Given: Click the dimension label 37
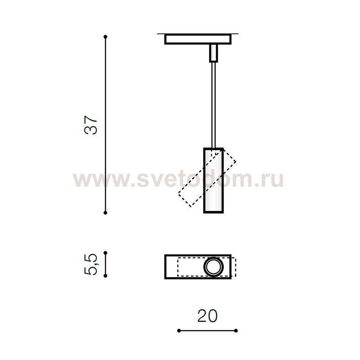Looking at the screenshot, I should point(91,125).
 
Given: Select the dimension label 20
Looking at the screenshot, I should point(207,316).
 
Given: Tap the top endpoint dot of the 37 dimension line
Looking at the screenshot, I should point(105,36).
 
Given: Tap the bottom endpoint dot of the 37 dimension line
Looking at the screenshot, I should point(105,212).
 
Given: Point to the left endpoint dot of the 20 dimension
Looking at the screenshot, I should point(179,331).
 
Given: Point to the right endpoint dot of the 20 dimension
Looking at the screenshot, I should point(236,331).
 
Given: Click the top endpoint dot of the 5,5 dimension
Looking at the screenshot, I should point(105,253).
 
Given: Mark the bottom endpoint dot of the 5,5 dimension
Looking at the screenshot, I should point(105,276).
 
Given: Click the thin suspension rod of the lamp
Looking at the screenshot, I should point(213,103).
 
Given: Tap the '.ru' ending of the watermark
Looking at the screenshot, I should point(270,180).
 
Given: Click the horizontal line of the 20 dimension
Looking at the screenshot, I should point(207,331).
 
